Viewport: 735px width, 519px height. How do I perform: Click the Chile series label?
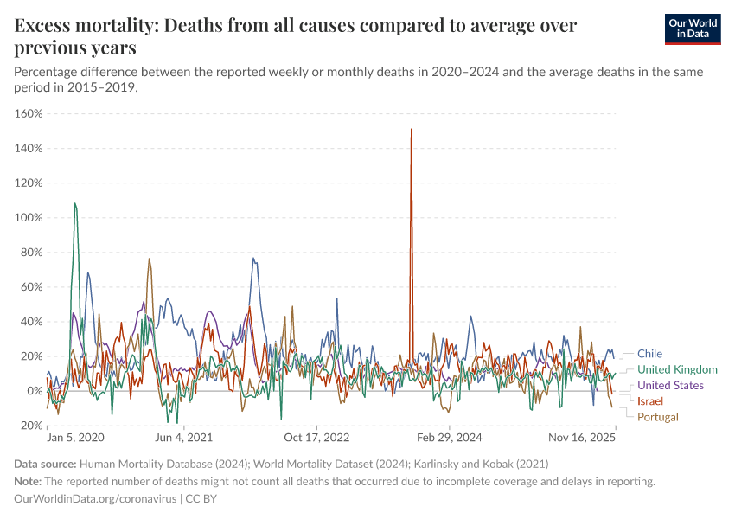[649, 353]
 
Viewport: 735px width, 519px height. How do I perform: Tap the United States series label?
[670, 386]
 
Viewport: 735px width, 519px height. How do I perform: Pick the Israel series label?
[650, 401]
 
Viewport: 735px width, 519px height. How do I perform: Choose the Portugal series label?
[658, 418]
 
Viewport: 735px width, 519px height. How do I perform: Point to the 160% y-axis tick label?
[29, 113]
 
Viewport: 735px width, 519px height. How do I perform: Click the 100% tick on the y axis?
[29, 218]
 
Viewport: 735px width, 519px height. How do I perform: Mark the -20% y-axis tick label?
[29, 426]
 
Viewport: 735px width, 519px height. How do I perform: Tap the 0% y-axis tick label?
[34, 391]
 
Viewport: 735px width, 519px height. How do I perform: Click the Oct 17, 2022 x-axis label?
[318, 439]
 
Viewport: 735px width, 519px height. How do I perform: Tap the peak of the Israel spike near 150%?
[411, 130]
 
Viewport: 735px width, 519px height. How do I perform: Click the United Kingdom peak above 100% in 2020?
[75, 204]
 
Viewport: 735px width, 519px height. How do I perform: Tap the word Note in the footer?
[29, 481]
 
